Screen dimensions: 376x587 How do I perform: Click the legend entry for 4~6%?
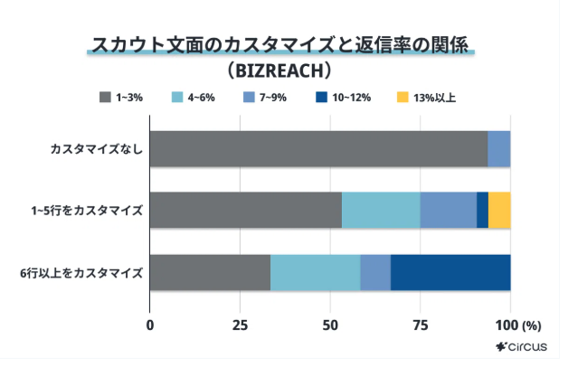pos(192,97)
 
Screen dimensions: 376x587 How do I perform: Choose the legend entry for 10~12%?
pos(343,97)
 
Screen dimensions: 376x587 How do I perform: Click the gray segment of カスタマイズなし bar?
pos(317,148)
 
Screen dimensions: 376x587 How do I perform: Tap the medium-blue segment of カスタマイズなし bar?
pos(498,148)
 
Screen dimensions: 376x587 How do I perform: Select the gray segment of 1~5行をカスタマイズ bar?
pos(245,210)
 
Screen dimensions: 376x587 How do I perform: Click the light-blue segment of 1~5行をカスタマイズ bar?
pos(381,210)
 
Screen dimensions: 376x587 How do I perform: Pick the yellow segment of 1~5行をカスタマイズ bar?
pos(499,210)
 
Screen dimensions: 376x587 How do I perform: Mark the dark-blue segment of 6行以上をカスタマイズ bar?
pos(450,272)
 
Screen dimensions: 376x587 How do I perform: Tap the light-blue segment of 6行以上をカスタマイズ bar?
pos(315,272)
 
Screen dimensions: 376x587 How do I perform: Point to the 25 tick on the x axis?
pos(240,325)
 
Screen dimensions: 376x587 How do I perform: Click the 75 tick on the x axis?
pos(420,325)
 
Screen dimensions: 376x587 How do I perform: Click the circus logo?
pos(521,346)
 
